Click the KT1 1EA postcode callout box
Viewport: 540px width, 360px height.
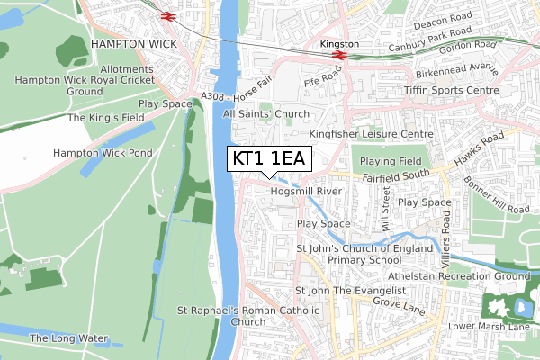(269, 159)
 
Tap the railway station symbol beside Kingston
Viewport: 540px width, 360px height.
(339, 55)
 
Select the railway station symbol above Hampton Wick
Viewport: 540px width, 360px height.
(167, 15)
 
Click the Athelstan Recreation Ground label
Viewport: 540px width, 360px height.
(458, 276)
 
